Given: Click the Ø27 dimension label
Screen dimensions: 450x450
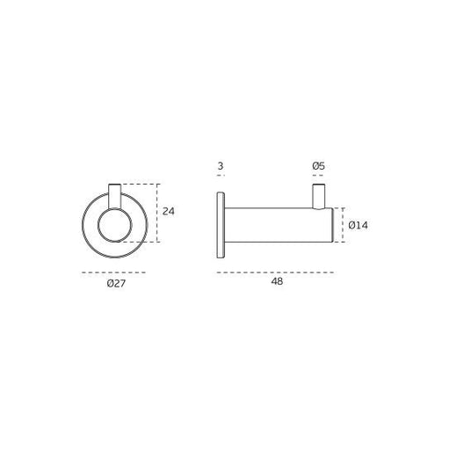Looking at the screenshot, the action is click(116, 283).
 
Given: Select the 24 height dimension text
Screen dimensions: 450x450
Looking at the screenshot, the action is click(169, 211).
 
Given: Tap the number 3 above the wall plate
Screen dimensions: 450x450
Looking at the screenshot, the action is click(221, 166).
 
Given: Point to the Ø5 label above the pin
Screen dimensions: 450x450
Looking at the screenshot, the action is click(318, 166).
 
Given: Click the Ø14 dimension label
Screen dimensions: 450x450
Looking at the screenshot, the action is click(358, 225).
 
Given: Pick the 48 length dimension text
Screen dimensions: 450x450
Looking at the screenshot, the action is click(277, 281).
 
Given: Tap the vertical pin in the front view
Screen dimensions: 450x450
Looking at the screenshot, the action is click(114, 196).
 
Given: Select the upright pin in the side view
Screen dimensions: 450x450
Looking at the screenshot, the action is click(319, 197).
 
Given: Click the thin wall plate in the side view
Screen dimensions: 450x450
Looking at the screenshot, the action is click(221, 225).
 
